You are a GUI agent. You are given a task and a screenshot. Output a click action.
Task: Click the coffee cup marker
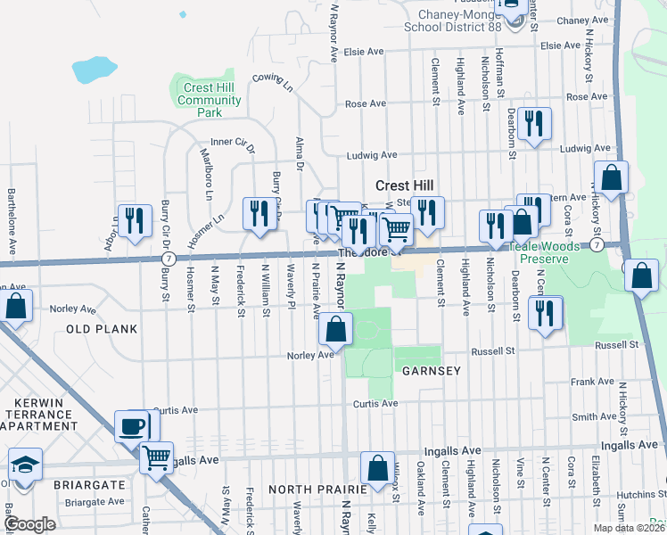pos(133,426)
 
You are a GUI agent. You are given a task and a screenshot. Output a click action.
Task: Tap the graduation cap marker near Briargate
pos(25,465)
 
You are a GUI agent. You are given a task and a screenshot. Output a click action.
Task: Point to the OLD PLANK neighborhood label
pos(102,329)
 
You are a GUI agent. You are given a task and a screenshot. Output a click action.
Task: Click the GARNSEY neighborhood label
pos(431,370)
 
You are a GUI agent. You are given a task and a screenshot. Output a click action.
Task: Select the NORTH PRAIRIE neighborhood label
pos(317,490)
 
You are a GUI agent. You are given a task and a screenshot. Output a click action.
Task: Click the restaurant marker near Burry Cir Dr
pos(259,214)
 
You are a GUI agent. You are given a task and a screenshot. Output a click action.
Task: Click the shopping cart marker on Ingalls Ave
pos(157,459)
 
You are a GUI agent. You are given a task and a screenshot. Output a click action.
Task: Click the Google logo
pos(30,524)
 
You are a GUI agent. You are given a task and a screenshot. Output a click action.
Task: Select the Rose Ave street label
pos(364,104)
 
